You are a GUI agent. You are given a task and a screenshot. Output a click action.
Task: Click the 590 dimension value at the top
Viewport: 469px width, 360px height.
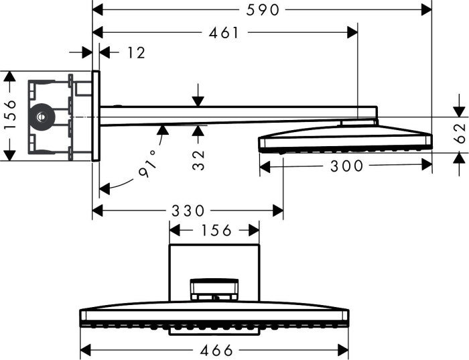(263, 10)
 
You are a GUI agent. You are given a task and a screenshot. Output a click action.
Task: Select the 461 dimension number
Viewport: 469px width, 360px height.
(224, 33)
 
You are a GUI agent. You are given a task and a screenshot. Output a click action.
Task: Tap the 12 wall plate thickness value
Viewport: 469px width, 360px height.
(137, 53)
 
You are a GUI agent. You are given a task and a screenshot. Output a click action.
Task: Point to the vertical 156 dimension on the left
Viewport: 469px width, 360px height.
(10, 115)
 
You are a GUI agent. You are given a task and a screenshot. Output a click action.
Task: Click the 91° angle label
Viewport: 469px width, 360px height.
(149, 164)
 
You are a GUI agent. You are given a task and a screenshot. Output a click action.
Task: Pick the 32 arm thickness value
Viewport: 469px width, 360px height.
(198, 160)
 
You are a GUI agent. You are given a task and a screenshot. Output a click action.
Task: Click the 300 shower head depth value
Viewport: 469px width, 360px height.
(346, 166)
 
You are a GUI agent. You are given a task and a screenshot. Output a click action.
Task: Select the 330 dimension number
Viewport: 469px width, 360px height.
(188, 211)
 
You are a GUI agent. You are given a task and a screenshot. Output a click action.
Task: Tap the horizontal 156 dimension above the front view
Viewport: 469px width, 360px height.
(216, 231)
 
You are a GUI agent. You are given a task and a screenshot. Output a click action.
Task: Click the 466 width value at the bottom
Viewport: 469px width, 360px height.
(216, 351)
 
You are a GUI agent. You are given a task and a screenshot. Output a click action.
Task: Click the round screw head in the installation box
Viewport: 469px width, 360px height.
(42, 117)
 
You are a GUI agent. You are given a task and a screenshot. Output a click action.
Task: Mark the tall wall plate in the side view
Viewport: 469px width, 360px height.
(96, 116)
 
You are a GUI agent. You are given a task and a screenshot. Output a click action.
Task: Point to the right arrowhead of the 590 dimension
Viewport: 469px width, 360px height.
(426, 10)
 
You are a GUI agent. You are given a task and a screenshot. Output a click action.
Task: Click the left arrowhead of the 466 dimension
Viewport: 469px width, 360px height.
(86, 350)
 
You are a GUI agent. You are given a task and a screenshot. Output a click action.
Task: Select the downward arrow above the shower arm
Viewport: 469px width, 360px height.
(198, 95)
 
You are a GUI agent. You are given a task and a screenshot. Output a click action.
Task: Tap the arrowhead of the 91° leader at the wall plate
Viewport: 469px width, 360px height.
(104, 189)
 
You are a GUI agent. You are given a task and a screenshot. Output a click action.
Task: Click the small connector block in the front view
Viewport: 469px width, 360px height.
(214, 290)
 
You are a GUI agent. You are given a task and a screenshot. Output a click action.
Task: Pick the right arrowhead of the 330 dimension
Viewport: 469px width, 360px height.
(278, 211)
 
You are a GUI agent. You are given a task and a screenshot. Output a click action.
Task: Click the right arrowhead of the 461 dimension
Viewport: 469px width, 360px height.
(352, 32)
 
